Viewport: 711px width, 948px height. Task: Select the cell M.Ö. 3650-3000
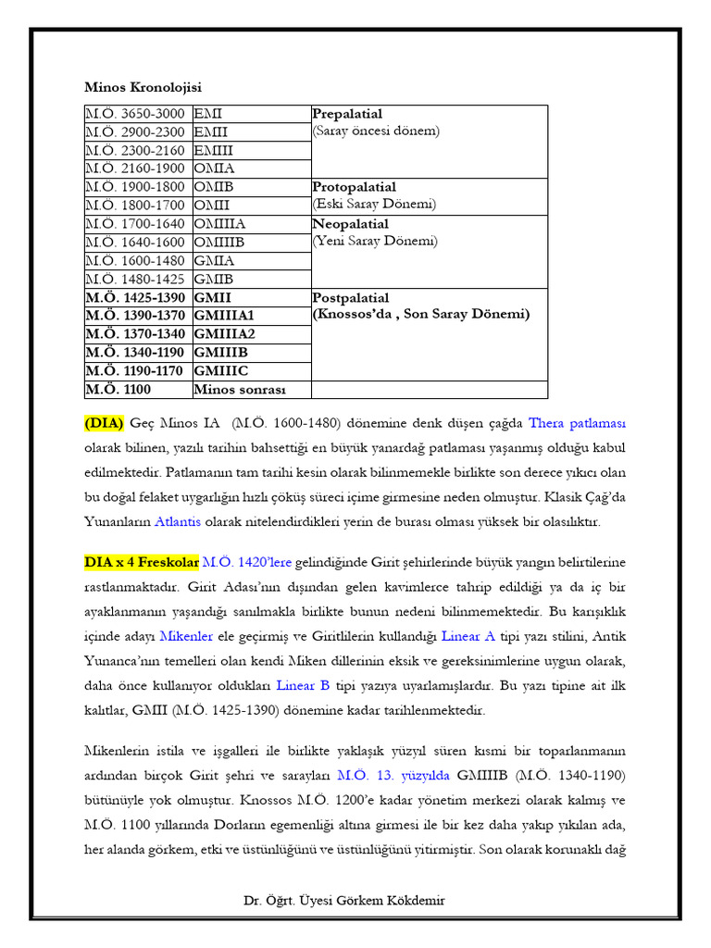(136, 114)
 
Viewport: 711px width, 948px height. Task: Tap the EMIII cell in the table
(214, 150)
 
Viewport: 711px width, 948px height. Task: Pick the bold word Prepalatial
(347, 114)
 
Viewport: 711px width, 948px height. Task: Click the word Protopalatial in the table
(355, 187)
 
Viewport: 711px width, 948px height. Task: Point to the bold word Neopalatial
(351, 224)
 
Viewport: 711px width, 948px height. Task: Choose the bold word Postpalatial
(351, 297)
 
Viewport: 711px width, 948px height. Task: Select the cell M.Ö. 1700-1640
(136, 224)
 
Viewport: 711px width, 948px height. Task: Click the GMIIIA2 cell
(224, 334)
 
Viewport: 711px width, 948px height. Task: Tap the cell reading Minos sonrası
(240, 390)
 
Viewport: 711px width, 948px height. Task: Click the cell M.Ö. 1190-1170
(136, 371)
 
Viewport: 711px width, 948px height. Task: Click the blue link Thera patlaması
(577, 424)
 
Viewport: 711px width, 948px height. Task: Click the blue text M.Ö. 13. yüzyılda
(380, 775)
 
